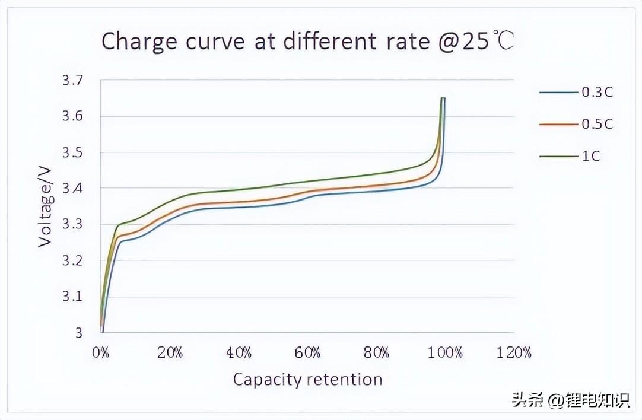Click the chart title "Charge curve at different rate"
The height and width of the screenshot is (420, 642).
coord(307,42)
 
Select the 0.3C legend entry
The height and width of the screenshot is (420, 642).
coord(596,92)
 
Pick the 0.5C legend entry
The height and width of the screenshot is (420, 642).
coord(596,124)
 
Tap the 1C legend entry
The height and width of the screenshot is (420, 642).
coord(590,157)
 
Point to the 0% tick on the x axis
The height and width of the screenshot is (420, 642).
coord(101,353)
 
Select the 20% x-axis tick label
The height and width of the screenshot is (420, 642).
coord(170,353)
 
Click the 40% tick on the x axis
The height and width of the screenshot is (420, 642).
coord(239,353)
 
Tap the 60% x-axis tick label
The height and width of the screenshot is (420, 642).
coord(307,353)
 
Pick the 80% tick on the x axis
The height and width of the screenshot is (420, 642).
coord(376,353)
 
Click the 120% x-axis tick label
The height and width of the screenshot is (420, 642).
coord(514,353)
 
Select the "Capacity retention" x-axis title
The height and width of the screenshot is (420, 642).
coord(307,380)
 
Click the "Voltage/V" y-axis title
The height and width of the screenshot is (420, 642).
coord(46,204)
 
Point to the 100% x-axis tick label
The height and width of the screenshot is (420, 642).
coord(445,353)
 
